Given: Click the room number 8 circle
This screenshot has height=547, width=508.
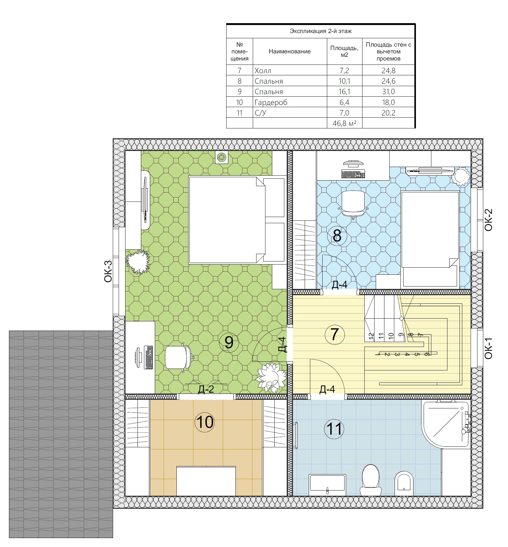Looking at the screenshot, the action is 337,236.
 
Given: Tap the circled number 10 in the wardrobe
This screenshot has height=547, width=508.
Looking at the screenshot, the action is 205,422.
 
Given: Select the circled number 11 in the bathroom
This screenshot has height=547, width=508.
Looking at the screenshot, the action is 334,428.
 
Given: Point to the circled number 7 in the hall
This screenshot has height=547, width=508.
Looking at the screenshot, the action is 335,334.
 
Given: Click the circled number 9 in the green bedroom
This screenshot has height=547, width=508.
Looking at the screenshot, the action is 229,342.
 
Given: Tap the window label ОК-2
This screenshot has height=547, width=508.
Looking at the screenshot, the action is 488,220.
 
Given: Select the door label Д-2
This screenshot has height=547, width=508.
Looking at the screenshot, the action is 206,389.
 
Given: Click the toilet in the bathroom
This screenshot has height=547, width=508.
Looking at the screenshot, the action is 370,481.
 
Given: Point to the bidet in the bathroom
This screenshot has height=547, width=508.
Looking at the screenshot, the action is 404,483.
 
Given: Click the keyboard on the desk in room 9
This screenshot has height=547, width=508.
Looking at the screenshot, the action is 149,357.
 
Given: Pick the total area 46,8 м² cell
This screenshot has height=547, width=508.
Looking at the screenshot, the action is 344,123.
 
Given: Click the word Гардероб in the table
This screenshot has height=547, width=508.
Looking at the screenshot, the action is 271,102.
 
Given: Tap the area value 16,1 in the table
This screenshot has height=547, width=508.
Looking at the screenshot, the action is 344,92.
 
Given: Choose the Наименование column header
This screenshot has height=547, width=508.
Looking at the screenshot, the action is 290,52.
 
